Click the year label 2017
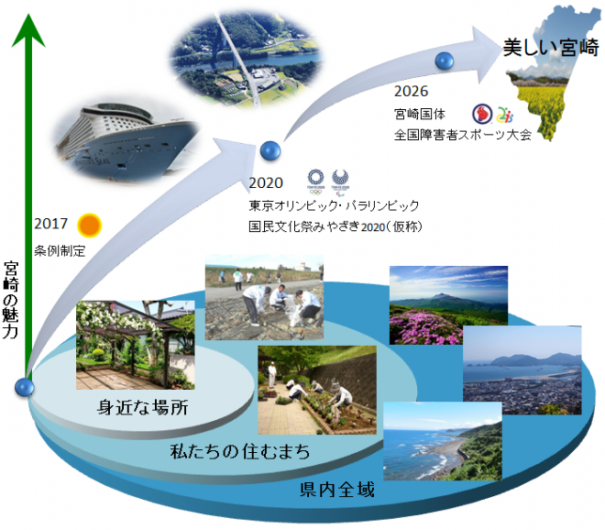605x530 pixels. coord(50,224)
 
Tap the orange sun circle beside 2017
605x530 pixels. coord(90,225)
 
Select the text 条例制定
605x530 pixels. coord(60,251)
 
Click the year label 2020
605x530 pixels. coord(266,182)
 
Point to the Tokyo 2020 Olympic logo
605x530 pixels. coord(315,182)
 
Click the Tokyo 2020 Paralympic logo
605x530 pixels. coord(340,181)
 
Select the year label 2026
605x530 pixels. coord(412,91)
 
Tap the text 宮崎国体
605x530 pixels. coord(420,114)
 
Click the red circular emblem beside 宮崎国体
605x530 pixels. coord(482,114)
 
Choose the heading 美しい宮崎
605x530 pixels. coord(551,48)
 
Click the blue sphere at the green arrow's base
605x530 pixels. coord(25,387)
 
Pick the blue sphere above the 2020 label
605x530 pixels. coord(270,150)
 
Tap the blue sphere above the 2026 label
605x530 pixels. coord(444,61)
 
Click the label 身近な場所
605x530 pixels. coord(143,407)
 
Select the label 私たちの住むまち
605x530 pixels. coord(240,451)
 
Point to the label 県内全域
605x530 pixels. coord(337,490)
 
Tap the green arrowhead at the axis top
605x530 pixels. coord(28,31)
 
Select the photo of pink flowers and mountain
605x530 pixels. coord(448,305)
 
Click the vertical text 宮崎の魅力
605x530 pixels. coord(11,300)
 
